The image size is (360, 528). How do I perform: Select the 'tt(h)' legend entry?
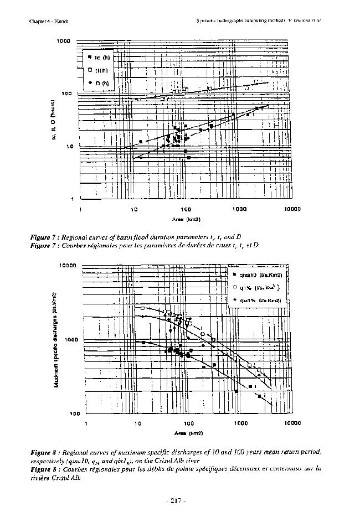tap(100, 70)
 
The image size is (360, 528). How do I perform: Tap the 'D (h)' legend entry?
tap(100, 83)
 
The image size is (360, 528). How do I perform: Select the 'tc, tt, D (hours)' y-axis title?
tap(54, 120)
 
